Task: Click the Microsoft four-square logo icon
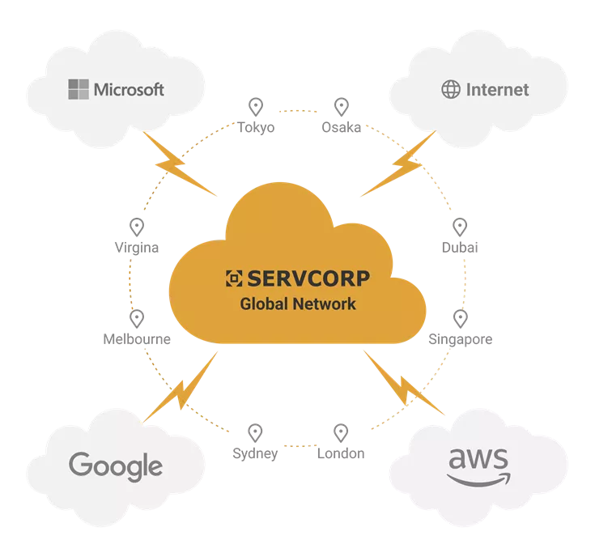[79, 89]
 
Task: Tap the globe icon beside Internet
[451, 90]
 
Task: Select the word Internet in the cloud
[498, 90]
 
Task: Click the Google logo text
[116, 466]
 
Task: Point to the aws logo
[478, 466]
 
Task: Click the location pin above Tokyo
[256, 107]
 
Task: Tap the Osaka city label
[341, 127]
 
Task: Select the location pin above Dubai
[460, 227]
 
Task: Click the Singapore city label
[461, 339]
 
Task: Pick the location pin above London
[341, 433]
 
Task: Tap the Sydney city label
[255, 454]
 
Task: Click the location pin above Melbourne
[137, 319]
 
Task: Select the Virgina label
[137, 248]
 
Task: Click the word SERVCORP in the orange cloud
[308, 278]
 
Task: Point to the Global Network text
[298, 304]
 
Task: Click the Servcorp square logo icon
[234, 278]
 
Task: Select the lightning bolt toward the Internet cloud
[398, 164]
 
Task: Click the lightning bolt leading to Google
[180, 387]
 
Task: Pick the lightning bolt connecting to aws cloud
[404, 383]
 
